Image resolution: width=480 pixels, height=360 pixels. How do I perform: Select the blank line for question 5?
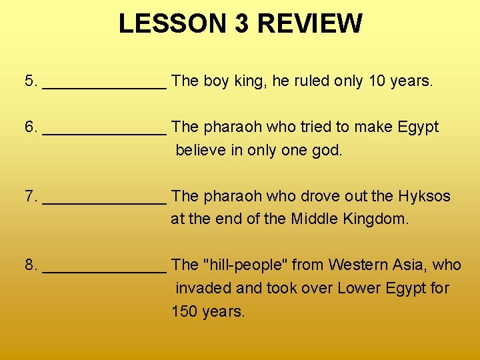tap(104, 85)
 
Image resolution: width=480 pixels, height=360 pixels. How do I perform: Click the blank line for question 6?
tap(104, 131)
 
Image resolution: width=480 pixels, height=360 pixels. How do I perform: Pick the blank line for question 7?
tap(104, 201)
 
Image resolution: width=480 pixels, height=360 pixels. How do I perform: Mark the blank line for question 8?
tap(104, 269)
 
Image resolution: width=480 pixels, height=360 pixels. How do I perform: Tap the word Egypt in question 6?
tap(418, 127)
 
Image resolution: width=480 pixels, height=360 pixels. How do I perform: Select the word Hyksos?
tap(424, 196)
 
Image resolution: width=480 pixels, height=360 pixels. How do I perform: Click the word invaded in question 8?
tap(200, 288)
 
